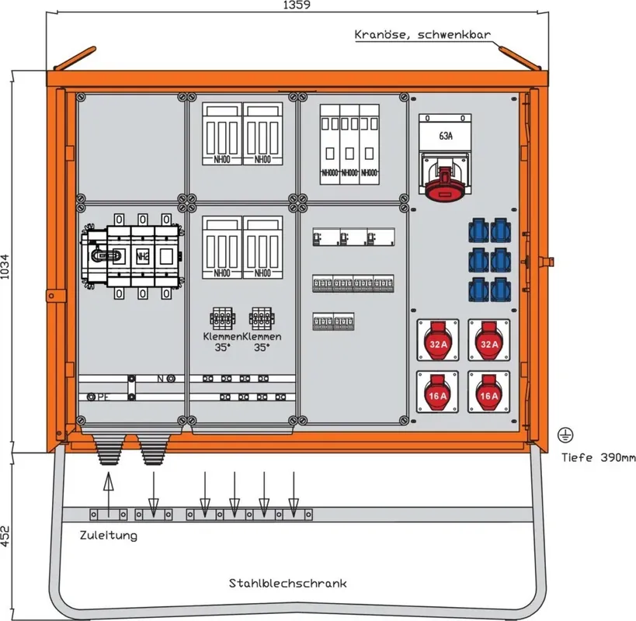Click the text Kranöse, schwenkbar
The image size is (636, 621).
click(422, 35)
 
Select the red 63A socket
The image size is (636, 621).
click(445, 178)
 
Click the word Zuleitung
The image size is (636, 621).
click(108, 536)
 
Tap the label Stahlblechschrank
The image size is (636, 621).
click(287, 583)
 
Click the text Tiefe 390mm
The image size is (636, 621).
click(599, 457)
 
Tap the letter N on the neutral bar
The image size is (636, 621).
click(161, 379)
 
